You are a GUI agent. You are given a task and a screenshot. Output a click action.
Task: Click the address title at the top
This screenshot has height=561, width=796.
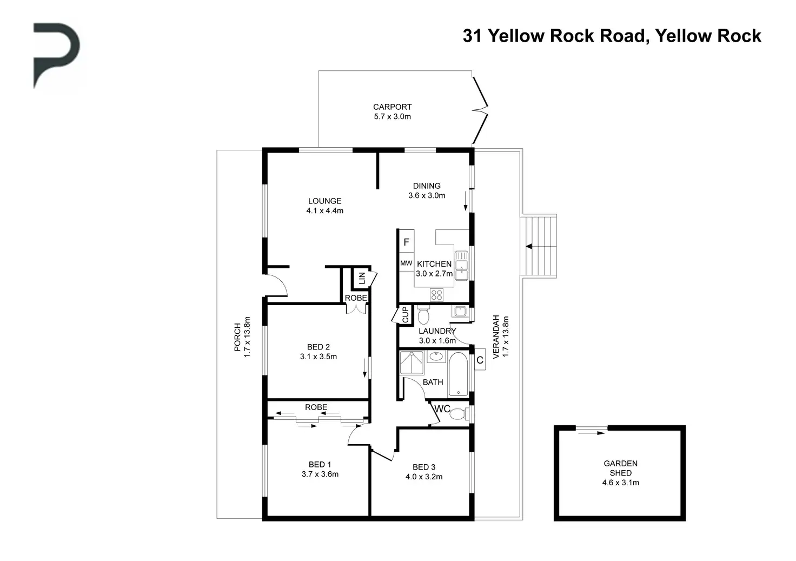(612, 36)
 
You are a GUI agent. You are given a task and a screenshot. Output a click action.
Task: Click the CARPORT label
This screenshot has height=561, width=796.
(392, 107)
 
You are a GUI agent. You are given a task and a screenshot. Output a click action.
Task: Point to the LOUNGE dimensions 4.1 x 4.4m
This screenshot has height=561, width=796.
(325, 211)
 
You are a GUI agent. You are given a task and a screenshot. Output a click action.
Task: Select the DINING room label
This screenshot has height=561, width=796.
(427, 186)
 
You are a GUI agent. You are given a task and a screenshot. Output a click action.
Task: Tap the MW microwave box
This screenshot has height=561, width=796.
(406, 263)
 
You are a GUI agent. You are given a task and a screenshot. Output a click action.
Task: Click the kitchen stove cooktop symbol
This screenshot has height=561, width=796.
(437, 295)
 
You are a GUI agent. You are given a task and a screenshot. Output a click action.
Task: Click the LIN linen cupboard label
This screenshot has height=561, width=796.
(362, 278)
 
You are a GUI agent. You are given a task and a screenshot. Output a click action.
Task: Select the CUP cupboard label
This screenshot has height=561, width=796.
(406, 315)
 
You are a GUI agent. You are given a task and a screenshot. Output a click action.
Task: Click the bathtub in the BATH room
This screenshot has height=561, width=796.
(459, 374)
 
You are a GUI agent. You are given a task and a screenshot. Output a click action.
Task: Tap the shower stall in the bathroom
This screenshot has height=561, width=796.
(412, 362)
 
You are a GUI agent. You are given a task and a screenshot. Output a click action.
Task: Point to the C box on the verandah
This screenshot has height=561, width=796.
(480, 360)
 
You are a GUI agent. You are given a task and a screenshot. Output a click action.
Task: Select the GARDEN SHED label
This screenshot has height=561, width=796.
(620, 468)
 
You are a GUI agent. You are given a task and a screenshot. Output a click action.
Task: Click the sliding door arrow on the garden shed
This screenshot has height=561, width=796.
(591, 433)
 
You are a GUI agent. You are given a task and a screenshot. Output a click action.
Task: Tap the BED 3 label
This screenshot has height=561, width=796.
(424, 467)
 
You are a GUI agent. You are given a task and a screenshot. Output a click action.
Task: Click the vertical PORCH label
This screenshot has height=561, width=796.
(237, 337)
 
